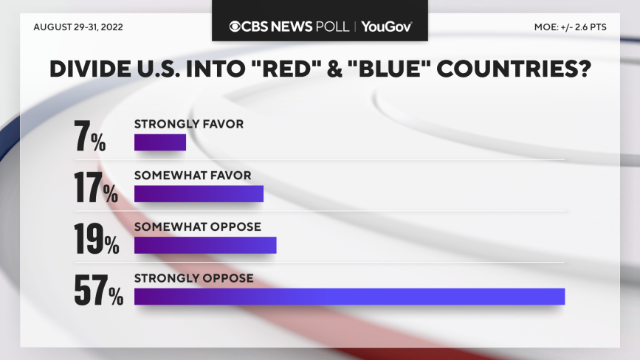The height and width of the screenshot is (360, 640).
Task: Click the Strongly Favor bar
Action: [x=159, y=142]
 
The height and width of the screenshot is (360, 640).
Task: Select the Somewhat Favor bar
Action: [x=199, y=193]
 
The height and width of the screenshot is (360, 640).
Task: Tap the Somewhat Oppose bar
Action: [x=205, y=245]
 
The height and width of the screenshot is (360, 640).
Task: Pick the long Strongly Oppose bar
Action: [x=349, y=297]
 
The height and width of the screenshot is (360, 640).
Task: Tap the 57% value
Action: [x=98, y=291]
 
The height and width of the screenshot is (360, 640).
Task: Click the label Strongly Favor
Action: [x=188, y=124]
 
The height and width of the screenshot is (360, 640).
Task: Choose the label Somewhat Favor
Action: [x=193, y=176]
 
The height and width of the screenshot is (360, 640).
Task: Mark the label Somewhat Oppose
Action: [x=197, y=226]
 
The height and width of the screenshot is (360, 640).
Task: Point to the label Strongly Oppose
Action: [x=193, y=278]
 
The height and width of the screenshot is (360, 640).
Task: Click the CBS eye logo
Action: [x=235, y=27]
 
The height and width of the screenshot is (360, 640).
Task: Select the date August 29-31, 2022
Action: [x=78, y=27]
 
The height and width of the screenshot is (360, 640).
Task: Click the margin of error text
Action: [x=571, y=27]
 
